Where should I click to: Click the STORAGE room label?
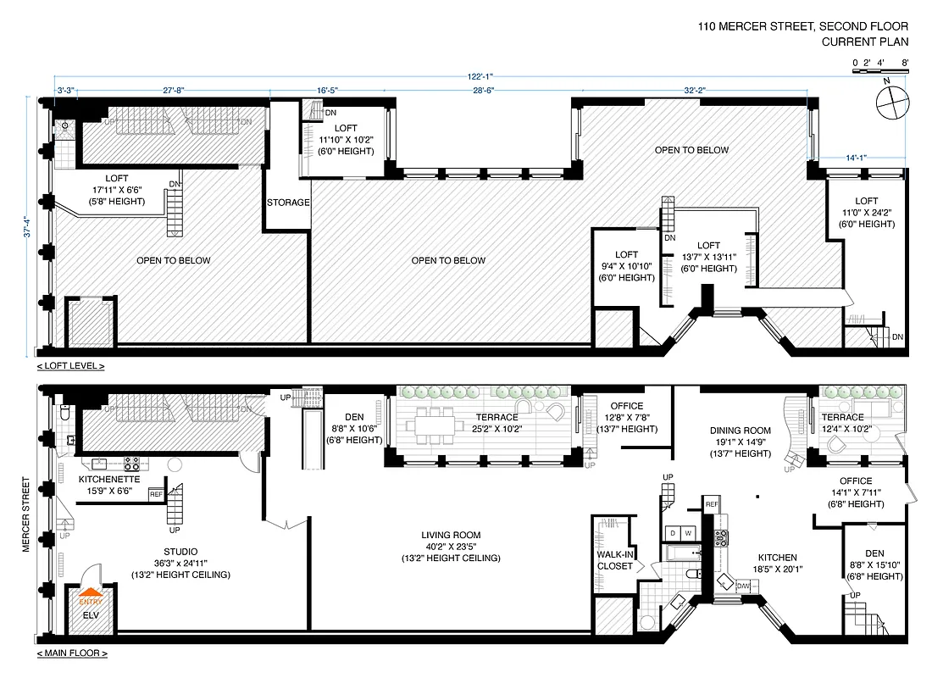click(288, 203)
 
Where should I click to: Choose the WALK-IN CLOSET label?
click(614, 560)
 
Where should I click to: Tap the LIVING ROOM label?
click(451, 535)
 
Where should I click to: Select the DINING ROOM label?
click(741, 430)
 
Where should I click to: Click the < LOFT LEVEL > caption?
click(71, 366)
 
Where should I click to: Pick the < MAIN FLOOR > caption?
click(72, 653)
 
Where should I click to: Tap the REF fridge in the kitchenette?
click(156, 493)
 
